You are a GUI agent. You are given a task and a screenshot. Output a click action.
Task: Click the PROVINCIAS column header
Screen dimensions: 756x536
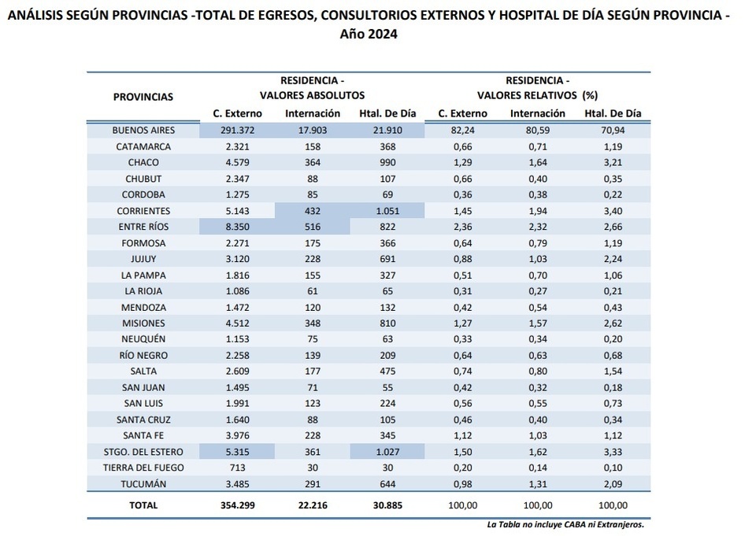(x=143, y=97)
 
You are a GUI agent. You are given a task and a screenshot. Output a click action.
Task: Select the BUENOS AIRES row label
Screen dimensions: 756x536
(x=143, y=130)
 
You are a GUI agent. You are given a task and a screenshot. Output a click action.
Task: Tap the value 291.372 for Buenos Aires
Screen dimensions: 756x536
(x=237, y=130)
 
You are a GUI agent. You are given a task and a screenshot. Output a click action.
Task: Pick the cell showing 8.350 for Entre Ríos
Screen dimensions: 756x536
(x=237, y=227)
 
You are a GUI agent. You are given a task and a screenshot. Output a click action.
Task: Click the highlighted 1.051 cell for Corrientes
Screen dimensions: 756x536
(x=387, y=211)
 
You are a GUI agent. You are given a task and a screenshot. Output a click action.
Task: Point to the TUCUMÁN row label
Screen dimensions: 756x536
(x=143, y=484)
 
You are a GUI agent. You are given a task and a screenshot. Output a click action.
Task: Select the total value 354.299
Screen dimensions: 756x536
(x=238, y=505)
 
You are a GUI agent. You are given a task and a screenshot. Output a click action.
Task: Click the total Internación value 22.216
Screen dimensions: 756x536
(x=313, y=505)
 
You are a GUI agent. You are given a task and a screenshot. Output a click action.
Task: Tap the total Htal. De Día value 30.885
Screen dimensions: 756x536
(x=387, y=505)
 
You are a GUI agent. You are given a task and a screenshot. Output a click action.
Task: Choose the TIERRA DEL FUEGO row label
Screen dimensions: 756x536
(x=143, y=468)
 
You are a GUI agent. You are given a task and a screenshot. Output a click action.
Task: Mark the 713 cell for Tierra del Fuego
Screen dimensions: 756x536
(x=237, y=468)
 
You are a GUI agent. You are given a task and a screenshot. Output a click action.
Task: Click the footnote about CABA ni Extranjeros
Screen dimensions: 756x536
(x=565, y=524)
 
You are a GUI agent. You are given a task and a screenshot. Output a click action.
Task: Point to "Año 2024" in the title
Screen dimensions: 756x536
(x=369, y=34)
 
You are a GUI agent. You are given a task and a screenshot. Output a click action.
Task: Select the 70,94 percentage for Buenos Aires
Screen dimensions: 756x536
(x=613, y=130)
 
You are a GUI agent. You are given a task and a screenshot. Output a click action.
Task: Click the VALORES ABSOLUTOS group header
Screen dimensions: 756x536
(x=313, y=95)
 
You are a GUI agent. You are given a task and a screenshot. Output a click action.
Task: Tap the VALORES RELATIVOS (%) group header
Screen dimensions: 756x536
(x=538, y=95)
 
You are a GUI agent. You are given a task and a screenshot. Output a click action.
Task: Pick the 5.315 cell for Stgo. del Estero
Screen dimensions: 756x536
(x=237, y=452)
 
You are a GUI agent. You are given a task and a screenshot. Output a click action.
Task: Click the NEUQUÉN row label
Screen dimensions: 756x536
(x=143, y=339)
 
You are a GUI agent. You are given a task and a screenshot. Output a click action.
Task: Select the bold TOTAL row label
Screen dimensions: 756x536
(x=143, y=505)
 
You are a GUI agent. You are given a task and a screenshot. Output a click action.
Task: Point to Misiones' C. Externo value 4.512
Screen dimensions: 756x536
(x=237, y=323)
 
